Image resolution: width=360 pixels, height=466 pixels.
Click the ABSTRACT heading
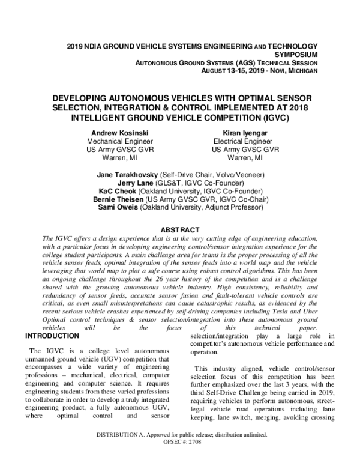coord(180,229)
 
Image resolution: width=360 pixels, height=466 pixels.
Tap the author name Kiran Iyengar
coord(245,132)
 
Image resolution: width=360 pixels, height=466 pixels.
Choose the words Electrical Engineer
coord(245,141)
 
